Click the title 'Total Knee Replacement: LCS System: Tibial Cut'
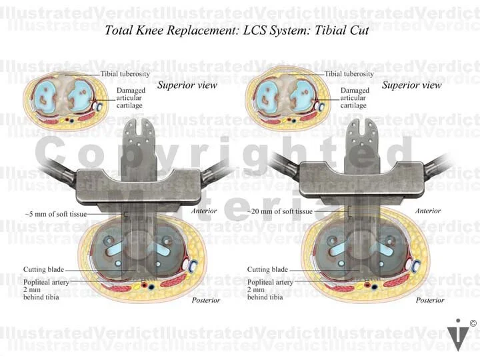click(x=237, y=30)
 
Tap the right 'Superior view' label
click(x=412, y=85)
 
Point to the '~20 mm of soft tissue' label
click(x=279, y=211)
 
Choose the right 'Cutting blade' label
click(x=267, y=269)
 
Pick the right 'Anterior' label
click(x=428, y=211)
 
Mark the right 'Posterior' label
click(x=430, y=301)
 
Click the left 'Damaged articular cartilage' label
click(x=131, y=97)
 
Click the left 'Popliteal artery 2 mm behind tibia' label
click(x=45, y=289)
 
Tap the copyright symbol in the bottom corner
click(x=473, y=323)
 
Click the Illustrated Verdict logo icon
click(x=458, y=335)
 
